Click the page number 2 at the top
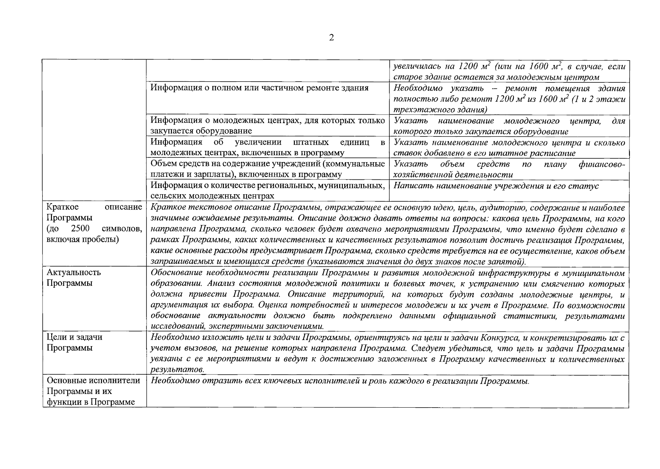(x=331, y=38)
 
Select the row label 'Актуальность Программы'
(x=73, y=277)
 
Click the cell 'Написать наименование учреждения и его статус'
(x=496, y=186)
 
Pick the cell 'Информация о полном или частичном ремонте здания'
(x=259, y=88)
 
